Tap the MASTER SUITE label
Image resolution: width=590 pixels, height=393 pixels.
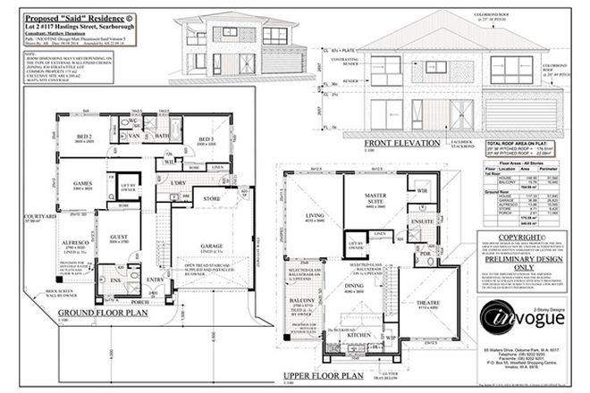click(368, 202)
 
